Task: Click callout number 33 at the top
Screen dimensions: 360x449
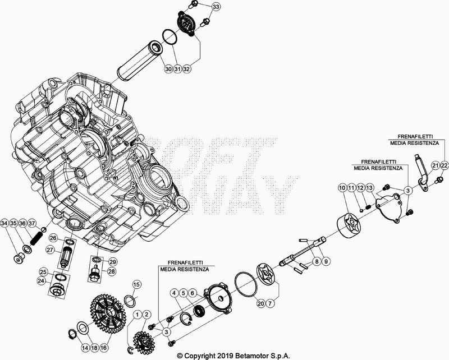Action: [x=217, y=7]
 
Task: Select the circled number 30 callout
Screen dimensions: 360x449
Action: [x=168, y=68]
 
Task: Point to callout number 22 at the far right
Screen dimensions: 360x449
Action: [x=444, y=165]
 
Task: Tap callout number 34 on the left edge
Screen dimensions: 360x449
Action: [x=5, y=223]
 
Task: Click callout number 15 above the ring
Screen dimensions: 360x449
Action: [x=136, y=285]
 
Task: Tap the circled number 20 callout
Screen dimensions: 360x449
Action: [x=260, y=303]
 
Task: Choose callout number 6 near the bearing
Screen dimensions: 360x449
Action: [x=192, y=293]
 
